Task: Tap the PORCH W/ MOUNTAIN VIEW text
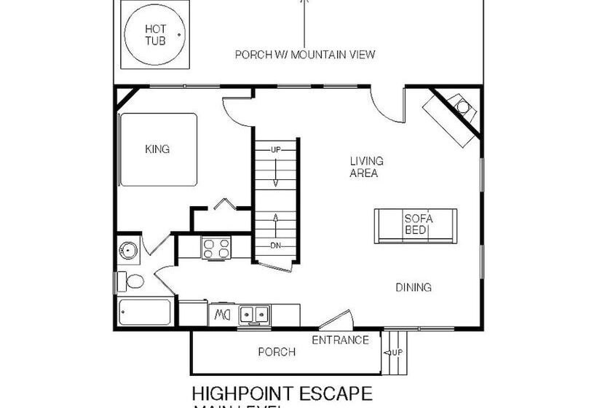pos(306,55)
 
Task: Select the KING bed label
pos(157,149)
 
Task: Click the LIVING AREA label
pos(366,167)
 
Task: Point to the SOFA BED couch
pos(416,225)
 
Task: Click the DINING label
pos(414,287)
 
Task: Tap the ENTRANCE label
pos(340,340)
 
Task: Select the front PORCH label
pos(277,352)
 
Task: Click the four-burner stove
pos(216,248)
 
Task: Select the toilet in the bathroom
pos(133,280)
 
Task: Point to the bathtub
pos(145,313)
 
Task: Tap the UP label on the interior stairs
pos(275,149)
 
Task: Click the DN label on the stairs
pos(275,245)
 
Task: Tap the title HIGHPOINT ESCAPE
pos(282,393)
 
